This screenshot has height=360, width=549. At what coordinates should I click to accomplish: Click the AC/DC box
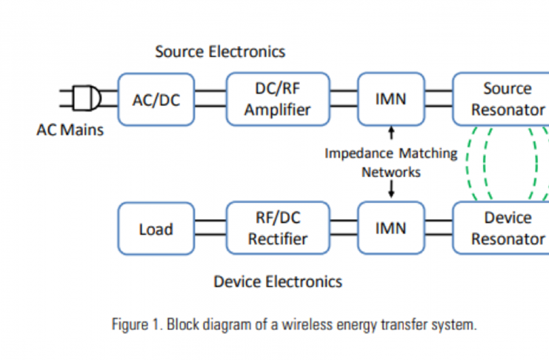click(x=156, y=100)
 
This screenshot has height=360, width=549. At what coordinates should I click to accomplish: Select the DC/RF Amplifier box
click(x=278, y=100)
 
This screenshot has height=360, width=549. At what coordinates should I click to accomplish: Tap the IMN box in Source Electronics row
click(x=390, y=100)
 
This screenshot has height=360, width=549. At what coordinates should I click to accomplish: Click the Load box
click(x=156, y=229)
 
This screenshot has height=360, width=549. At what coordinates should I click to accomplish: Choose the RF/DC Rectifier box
click(x=278, y=229)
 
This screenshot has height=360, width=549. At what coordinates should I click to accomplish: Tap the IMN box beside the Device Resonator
click(x=390, y=229)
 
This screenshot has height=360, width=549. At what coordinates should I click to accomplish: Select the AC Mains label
click(x=70, y=130)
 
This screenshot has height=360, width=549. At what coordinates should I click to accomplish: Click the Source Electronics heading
click(x=220, y=52)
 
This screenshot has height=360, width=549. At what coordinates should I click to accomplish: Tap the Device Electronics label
click(x=278, y=281)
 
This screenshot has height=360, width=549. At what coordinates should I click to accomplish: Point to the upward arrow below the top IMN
click(x=391, y=134)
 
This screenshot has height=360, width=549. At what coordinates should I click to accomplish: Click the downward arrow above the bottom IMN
click(x=391, y=190)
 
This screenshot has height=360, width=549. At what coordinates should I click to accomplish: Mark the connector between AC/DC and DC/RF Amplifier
click(x=210, y=100)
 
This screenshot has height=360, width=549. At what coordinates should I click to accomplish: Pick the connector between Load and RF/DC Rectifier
click(x=210, y=229)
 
